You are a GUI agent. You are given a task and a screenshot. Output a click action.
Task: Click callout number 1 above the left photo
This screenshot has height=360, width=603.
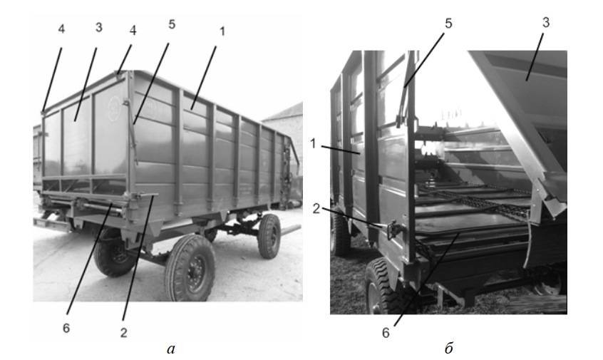pyautogui.click(x=222, y=31)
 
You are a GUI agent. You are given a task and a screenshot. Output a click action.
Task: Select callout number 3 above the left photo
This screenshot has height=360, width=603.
pyautogui.click(x=99, y=27)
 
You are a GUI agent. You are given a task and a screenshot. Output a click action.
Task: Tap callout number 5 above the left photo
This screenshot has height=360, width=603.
pyautogui.click(x=172, y=24)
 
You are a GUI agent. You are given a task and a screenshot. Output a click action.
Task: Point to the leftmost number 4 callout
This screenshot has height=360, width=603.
pyautogui.click(x=61, y=29)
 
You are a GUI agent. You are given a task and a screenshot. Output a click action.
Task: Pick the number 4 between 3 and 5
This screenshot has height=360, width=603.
pyautogui.click(x=133, y=31)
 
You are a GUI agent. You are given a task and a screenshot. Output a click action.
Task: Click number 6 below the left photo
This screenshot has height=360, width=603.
pyautogui.click(x=66, y=328)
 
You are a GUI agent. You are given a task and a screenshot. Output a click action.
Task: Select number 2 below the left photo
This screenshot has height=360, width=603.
pyautogui.click(x=123, y=333)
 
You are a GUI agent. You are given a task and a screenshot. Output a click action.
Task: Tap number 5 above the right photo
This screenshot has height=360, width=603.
pyautogui.click(x=448, y=24)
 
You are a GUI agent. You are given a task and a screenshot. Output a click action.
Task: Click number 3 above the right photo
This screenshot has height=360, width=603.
pyautogui.click(x=546, y=23)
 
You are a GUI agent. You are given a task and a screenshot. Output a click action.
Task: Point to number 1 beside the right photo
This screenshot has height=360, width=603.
pyautogui.click(x=313, y=144)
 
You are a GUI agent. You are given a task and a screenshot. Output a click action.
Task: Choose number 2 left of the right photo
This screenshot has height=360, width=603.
pyautogui.click(x=316, y=208)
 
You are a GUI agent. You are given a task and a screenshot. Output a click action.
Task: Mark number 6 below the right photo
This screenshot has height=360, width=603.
pyautogui.click(x=386, y=333)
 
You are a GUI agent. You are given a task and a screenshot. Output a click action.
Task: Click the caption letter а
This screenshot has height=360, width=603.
pyautogui.click(x=171, y=349)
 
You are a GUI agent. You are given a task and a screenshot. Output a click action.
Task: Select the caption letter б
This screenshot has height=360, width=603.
pyautogui.click(x=449, y=348)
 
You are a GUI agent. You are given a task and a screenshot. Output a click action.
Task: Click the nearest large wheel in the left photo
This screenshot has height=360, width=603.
pyautogui.click(x=190, y=268)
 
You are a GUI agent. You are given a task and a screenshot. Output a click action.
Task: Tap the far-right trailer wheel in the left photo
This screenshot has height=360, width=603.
pyautogui.click(x=269, y=236)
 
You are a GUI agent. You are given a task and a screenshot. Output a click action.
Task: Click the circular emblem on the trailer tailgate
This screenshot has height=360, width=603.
pyautogui.click(x=114, y=109)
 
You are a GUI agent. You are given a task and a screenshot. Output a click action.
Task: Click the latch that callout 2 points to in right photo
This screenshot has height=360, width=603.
pyautogui.click(x=393, y=230)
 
